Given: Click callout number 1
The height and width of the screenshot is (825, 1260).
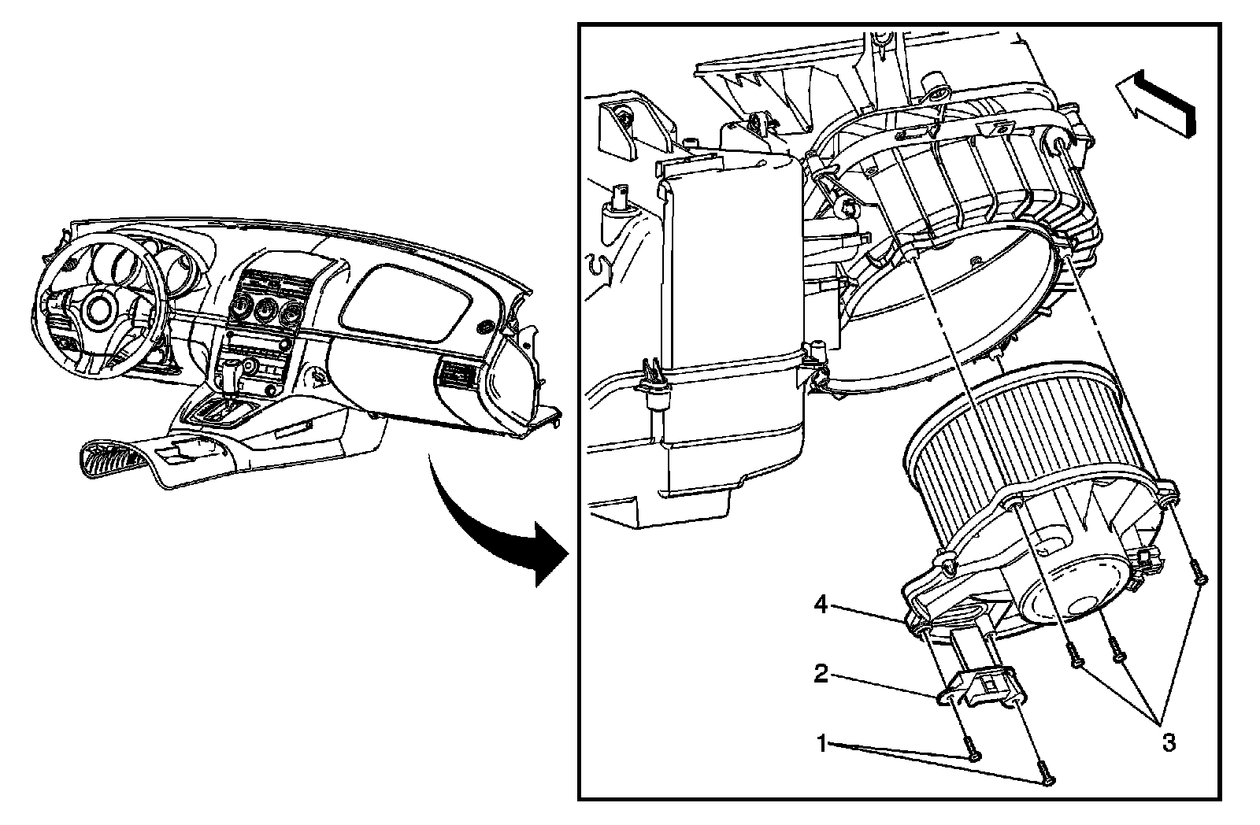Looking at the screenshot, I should point(821,742).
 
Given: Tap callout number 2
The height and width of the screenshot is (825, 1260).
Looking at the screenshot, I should point(821,674).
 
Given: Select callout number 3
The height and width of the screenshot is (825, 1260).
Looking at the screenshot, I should point(1169,742).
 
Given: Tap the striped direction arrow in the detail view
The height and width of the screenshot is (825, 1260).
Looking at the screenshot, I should point(1156,100).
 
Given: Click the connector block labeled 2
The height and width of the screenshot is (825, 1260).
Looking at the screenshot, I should point(979,684).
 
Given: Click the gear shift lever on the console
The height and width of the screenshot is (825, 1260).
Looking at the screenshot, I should point(230,376).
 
